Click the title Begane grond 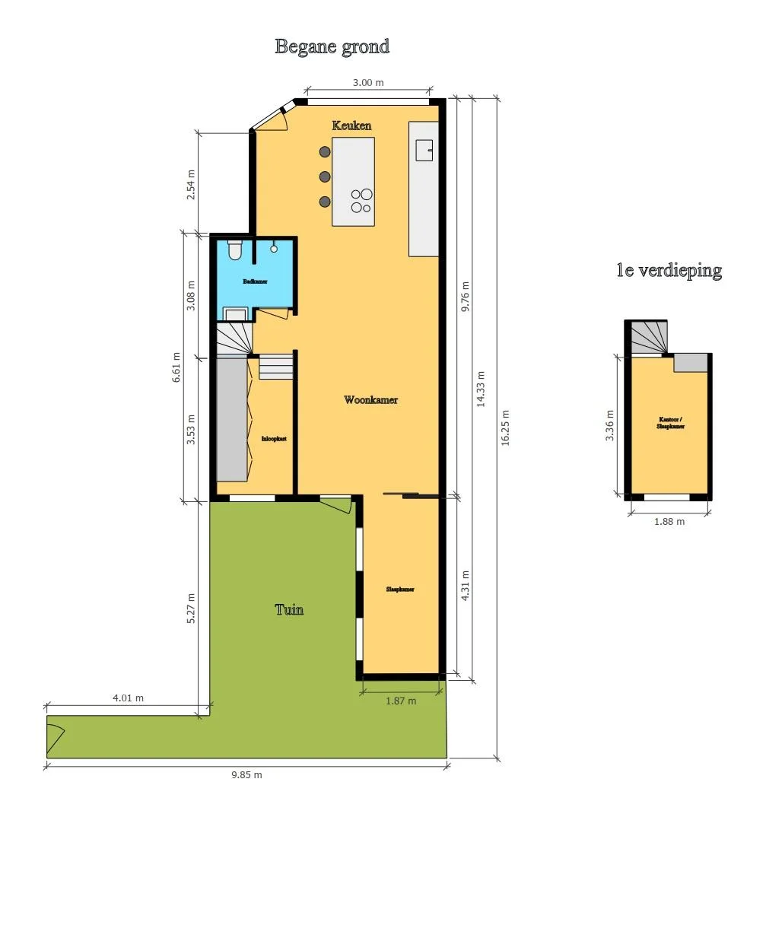tap(332, 47)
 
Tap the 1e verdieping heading tap(669, 271)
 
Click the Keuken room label tap(351, 126)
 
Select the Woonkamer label tap(370, 400)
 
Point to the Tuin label tap(289, 609)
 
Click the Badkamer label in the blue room tap(255, 281)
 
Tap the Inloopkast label tap(274, 439)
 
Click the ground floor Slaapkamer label tap(400, 590)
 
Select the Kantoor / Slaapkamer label tap(670, 423)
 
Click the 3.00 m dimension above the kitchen tap(368, 83)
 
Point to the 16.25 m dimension tap(506, 428)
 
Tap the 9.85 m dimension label tap(246, 775)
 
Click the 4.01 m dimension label tap(128, 698)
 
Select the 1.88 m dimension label tap(669, 522)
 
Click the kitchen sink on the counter tap(424, 151)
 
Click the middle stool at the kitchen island tap(325, 176)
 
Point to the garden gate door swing tap(55, 736)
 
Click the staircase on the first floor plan tap(649, 338)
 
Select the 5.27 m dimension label tap(192, 608)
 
